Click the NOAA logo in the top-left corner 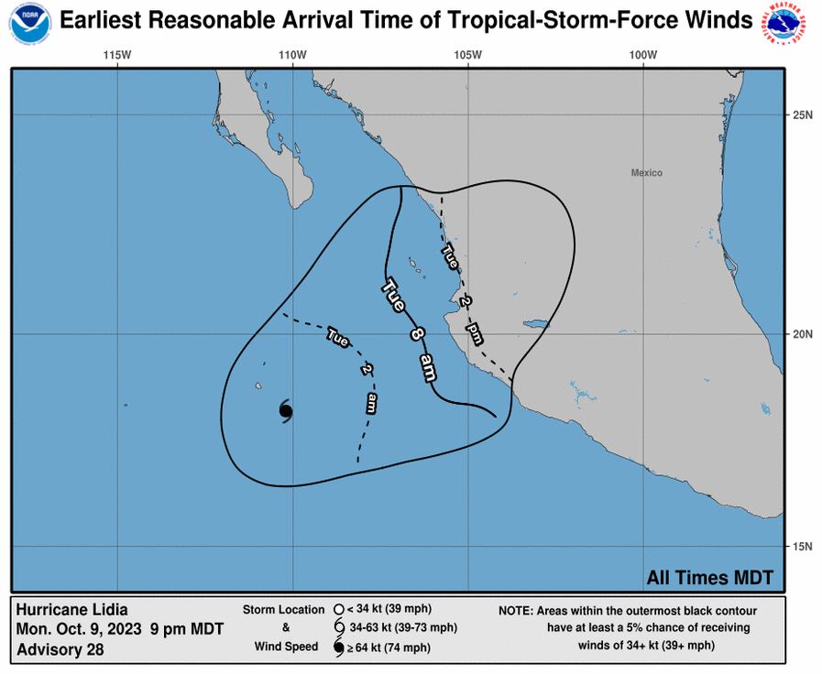(30, 23)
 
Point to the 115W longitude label (117, 55)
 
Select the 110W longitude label (292, 55)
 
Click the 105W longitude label (467, 55)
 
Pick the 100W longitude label (643, 55)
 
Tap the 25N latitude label (803, 114)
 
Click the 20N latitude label (803, 333)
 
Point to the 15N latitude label (803, 547)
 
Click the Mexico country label (646, 173)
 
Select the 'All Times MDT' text (709, 578)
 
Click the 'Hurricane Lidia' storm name (72, 610)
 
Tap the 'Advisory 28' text (60, 650)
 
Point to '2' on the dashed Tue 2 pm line (465, 300)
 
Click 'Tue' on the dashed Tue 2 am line (337, 338)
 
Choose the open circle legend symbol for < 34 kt (338, 609)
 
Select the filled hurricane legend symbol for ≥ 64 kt (339, 648)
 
